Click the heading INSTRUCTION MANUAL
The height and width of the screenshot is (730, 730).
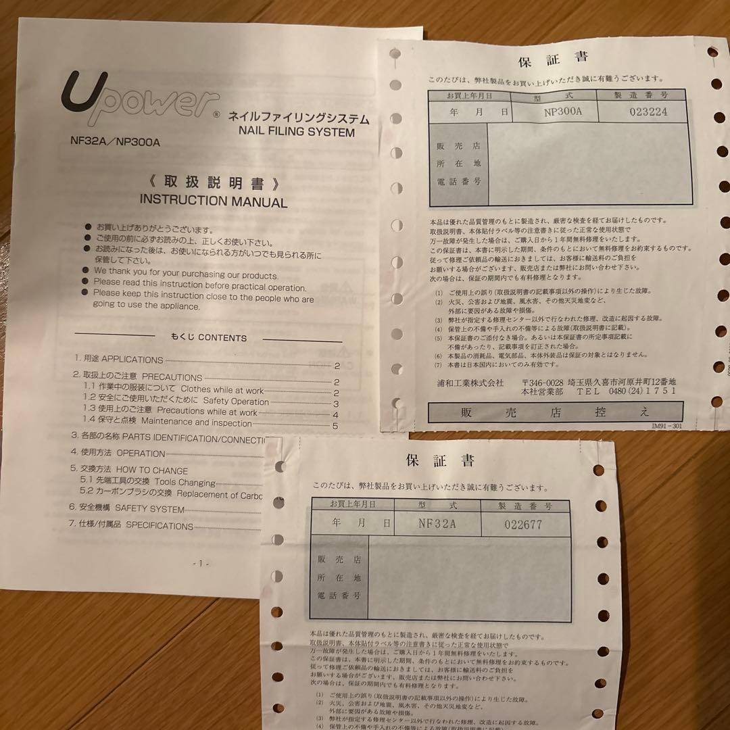click(213, 201)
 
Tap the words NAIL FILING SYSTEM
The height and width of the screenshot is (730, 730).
click(297, 132)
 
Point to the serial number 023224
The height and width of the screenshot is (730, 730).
click(648, 112)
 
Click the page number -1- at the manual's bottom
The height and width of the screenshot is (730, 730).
click(201, 563)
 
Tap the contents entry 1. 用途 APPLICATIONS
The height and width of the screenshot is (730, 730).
click(119, 360)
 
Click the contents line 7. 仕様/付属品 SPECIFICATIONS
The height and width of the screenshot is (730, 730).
click(132, 525)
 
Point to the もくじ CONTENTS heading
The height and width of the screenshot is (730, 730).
click(209, 337)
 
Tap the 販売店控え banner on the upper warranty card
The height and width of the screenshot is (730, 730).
click(554, 412)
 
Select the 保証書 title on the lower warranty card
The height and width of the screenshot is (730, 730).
click(440, 462)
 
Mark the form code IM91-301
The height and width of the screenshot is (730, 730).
click(667, 427)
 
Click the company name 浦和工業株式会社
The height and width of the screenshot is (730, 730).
click(470, 383)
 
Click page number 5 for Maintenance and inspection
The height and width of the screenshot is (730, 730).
click(335, 425)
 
